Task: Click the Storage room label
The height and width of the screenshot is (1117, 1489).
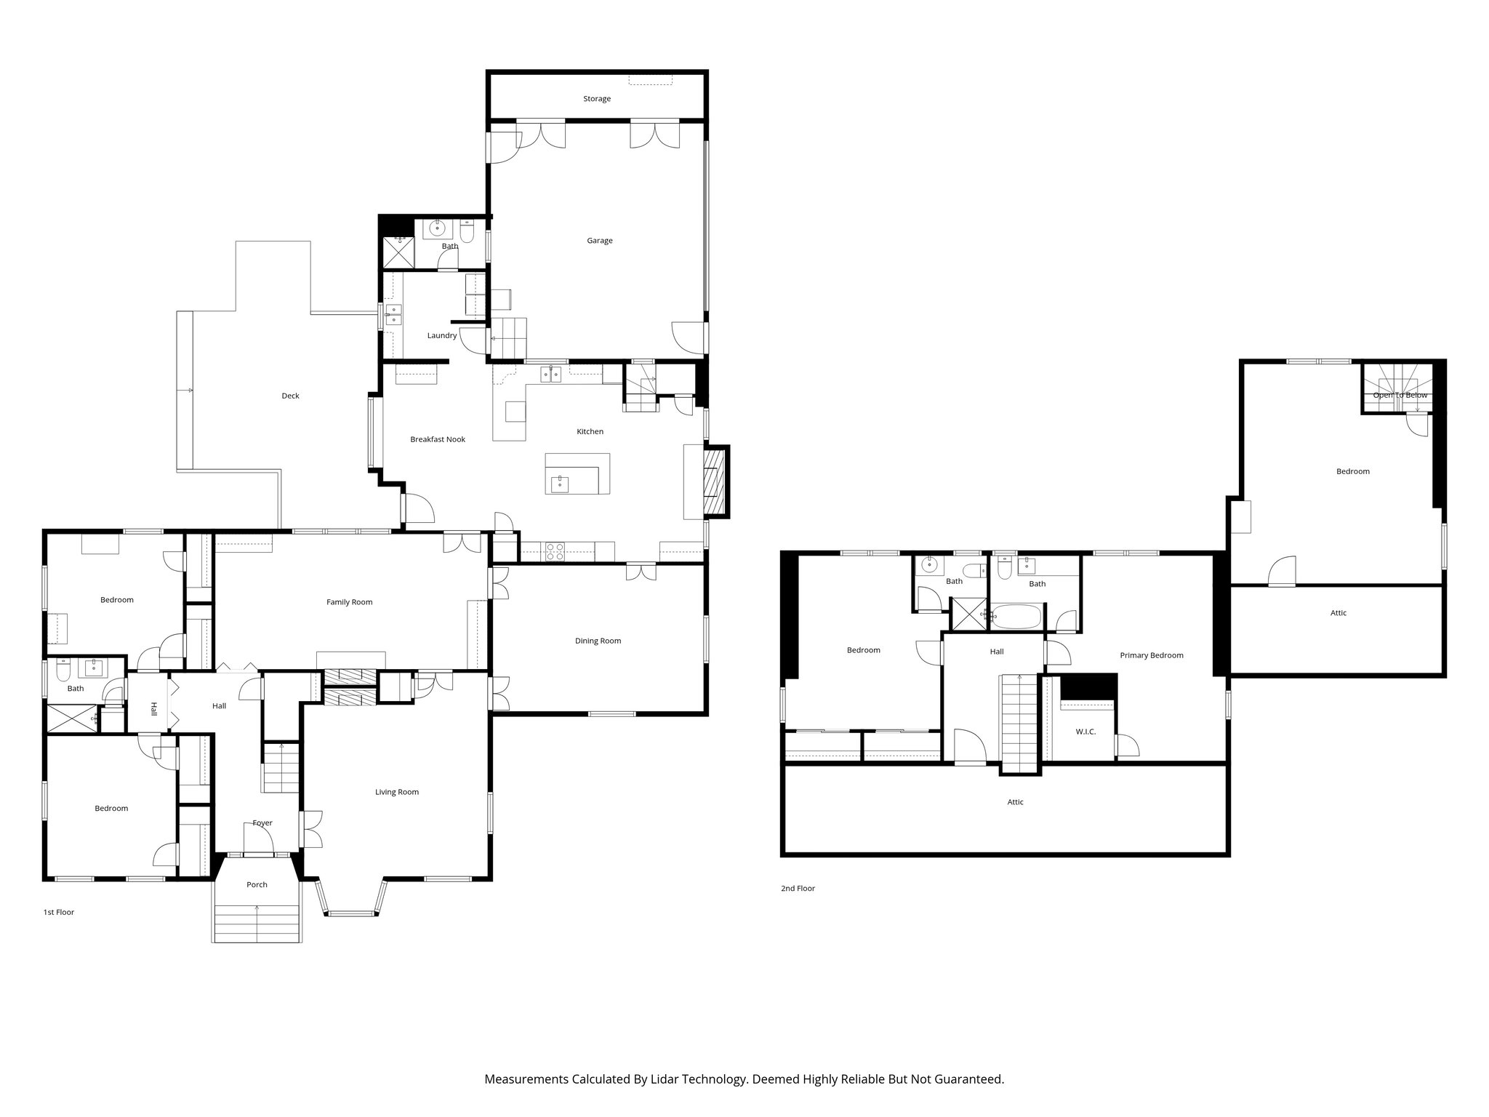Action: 596,99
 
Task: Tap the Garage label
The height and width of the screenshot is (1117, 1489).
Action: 600,241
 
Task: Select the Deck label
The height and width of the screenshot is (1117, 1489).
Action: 290,396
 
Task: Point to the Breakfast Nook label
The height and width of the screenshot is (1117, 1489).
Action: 438,439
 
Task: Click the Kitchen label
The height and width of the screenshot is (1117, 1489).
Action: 590,432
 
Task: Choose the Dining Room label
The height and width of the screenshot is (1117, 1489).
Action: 598,641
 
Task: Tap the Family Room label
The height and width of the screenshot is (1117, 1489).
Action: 349,602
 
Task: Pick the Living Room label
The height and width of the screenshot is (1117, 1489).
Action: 397,792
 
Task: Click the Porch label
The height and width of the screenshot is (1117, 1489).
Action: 257,885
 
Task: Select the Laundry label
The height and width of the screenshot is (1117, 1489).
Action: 442,335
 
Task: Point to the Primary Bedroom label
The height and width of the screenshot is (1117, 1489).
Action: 1151,655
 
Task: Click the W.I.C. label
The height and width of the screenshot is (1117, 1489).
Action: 1085,732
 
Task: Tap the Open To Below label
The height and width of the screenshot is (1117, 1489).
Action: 1400,396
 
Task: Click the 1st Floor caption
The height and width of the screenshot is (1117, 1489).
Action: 59,912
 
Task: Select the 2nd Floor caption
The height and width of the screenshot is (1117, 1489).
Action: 798,889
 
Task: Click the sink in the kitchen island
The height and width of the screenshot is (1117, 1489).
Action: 559,484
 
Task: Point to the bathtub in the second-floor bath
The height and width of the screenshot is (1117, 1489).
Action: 1016,617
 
